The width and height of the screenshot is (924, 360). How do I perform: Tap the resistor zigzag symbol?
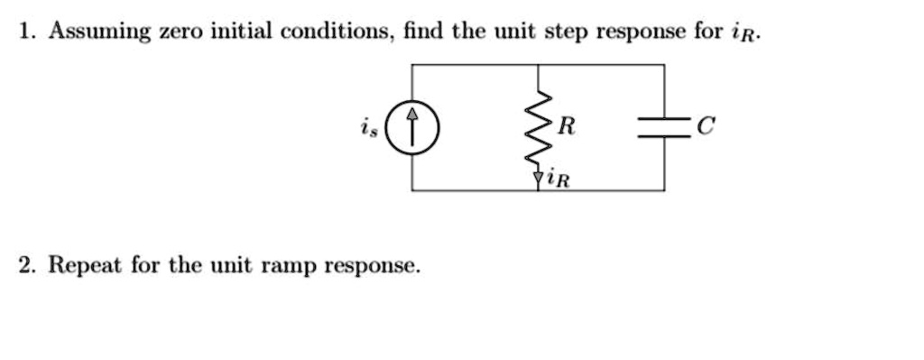click(538, 128)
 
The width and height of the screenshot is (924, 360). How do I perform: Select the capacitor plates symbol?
click(664, 127)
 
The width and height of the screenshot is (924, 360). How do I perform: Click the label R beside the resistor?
click(567, 126)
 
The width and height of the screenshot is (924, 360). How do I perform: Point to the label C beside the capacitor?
click(706, 126)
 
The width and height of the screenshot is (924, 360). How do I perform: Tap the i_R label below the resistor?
click(559, 178)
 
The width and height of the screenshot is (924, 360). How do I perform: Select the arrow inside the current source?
click(411, 126)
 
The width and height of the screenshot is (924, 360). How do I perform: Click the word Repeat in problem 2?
click(86, 266)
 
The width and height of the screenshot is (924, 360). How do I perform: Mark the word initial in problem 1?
click(242, 32)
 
